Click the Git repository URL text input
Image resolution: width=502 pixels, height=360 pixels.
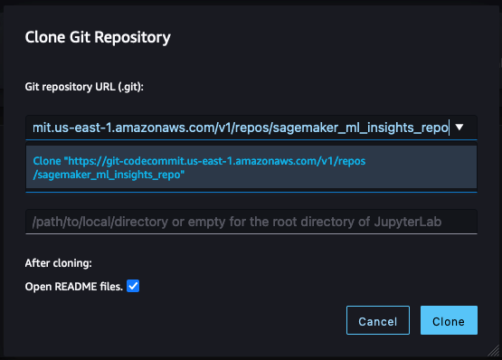coord(240,128)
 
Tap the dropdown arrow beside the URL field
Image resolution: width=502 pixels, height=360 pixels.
coord(460,128)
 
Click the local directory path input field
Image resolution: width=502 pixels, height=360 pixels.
coord(251,221)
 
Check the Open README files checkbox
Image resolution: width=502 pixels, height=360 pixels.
coord(133,287)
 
